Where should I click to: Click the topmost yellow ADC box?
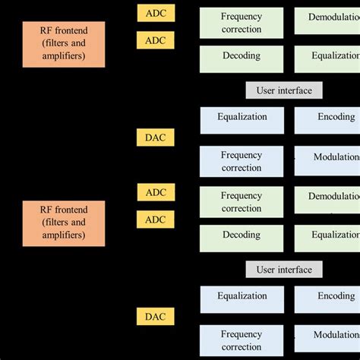pyautogui.click(x=155, y=13)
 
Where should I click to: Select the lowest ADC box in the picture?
pyautogui.click(x=155, y=219)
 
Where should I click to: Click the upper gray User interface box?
pyautogui.click(x=284, y=90)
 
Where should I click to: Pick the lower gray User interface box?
pyautogui.click(x=284, y=270)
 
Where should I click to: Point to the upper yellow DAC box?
pyautogui.click(x=155, y=137)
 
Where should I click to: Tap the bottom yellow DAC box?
pyautogui.click(x=155, y=317)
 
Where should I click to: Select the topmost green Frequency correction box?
pyautogui.click(x=242, y=23)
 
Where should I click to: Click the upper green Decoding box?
pyautogui.click(x=242, y=56)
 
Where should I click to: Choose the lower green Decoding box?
pyautogui.click(x=242, y=235)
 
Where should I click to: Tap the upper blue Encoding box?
pyautogui.click(x=327, y=118)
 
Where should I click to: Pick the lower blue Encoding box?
pyautogui.click(x=327, y=297)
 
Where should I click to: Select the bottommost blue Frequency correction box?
pyautogui.click(x=242, y=340)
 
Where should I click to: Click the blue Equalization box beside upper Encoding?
pyautogui.click(x=242, y=118)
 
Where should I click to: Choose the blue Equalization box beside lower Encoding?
pyautogui.click(x=242, y=297)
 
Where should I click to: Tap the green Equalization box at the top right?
pyautogui.click(x=327, y=56)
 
